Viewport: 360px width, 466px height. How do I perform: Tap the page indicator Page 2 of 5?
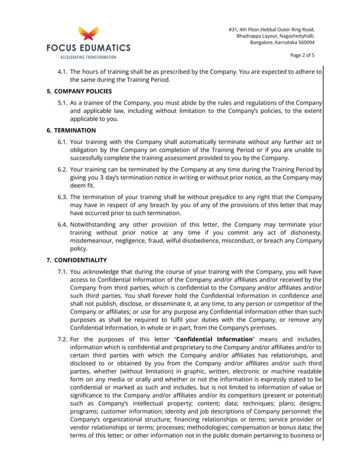(302, 55)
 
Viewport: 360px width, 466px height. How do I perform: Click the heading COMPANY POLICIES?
(82, 91)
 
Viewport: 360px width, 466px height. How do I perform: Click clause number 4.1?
(62, 72)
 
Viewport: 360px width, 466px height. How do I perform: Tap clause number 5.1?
(62, 103)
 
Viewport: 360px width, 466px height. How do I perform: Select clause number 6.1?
(62, 142)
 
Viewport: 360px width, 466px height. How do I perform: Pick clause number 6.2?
(62, 169)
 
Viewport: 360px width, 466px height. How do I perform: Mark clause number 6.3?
(62, 197)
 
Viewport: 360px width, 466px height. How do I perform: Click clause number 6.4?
(62, 224)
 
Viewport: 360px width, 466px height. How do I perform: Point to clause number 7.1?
(62, 271)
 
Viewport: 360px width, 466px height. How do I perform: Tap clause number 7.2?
(62, 339)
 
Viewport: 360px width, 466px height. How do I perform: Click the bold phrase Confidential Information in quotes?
(214, 339)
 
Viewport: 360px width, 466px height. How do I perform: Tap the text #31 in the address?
(233, 29)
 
